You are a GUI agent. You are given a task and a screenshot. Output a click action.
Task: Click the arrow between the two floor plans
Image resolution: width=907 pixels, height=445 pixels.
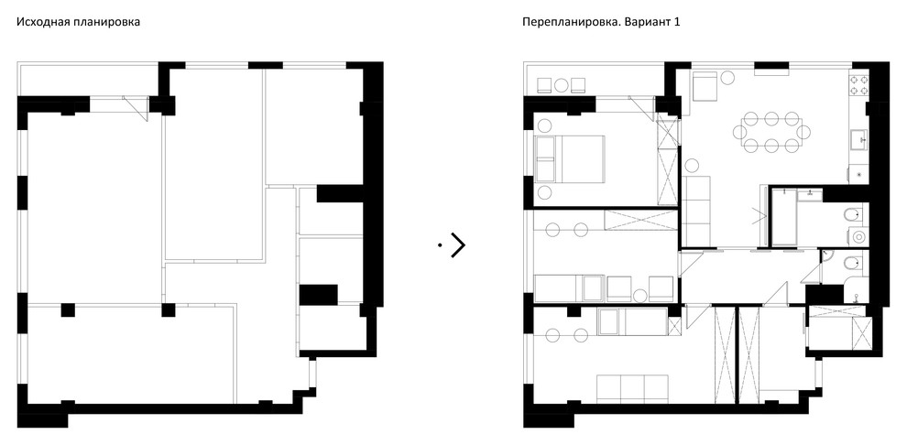(x=457, y=244)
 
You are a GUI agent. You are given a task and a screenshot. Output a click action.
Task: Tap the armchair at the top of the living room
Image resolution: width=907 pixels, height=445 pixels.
(x=705, y=86)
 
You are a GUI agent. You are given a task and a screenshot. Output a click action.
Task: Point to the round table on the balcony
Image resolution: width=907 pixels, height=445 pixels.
(x=560, y=84)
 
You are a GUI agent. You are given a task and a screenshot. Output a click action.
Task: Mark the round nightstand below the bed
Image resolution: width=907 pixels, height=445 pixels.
(x=543, y=192)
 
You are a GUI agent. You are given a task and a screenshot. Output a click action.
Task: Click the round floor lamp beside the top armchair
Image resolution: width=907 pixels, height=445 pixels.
(x=729, y=79)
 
